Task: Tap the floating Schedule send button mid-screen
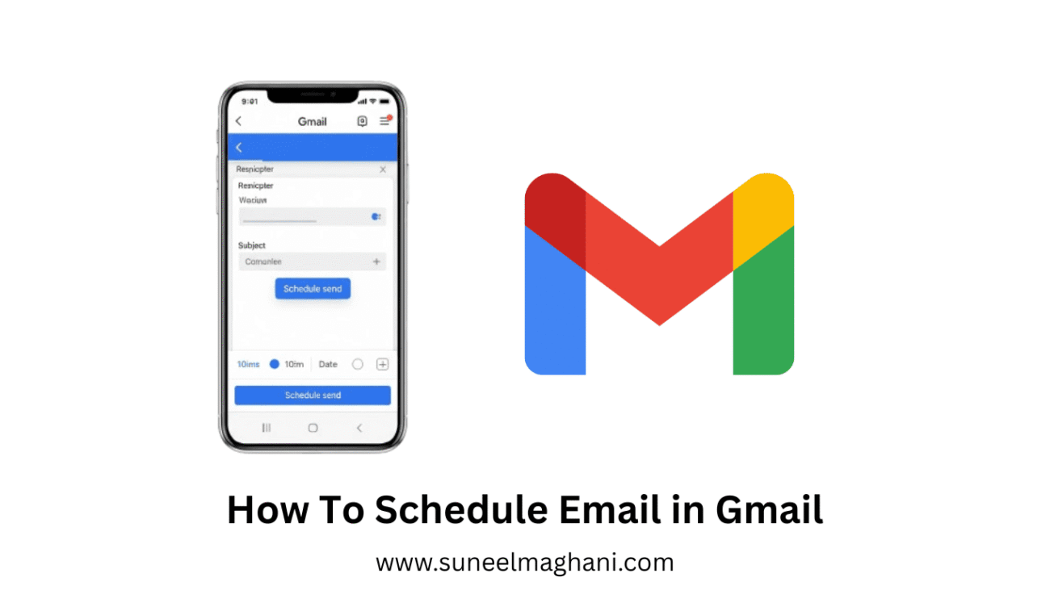click(x=313, y=289)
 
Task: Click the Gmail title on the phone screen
click(x=313, y=122)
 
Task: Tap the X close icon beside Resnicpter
click(x=383, y=169)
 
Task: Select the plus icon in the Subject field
click(x=376, y=262)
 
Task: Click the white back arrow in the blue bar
click(x=239, y=148)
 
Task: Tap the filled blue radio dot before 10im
click(x=274, y=364)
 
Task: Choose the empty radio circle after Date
click(x=358, y=364)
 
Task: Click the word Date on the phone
click(x=328, y=364)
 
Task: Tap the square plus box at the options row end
click(x=383, y=364)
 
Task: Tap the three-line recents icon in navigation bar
click(x=267, y=428)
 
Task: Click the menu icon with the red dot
click(x=385, y=121)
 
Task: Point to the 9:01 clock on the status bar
click(x=250, y=102)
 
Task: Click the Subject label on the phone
click(x=252, y=245)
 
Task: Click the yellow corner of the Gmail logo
click(x=763, y=206)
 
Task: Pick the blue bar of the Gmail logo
click(x=555, y=315)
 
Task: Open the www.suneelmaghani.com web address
click(x=524, y=562)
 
